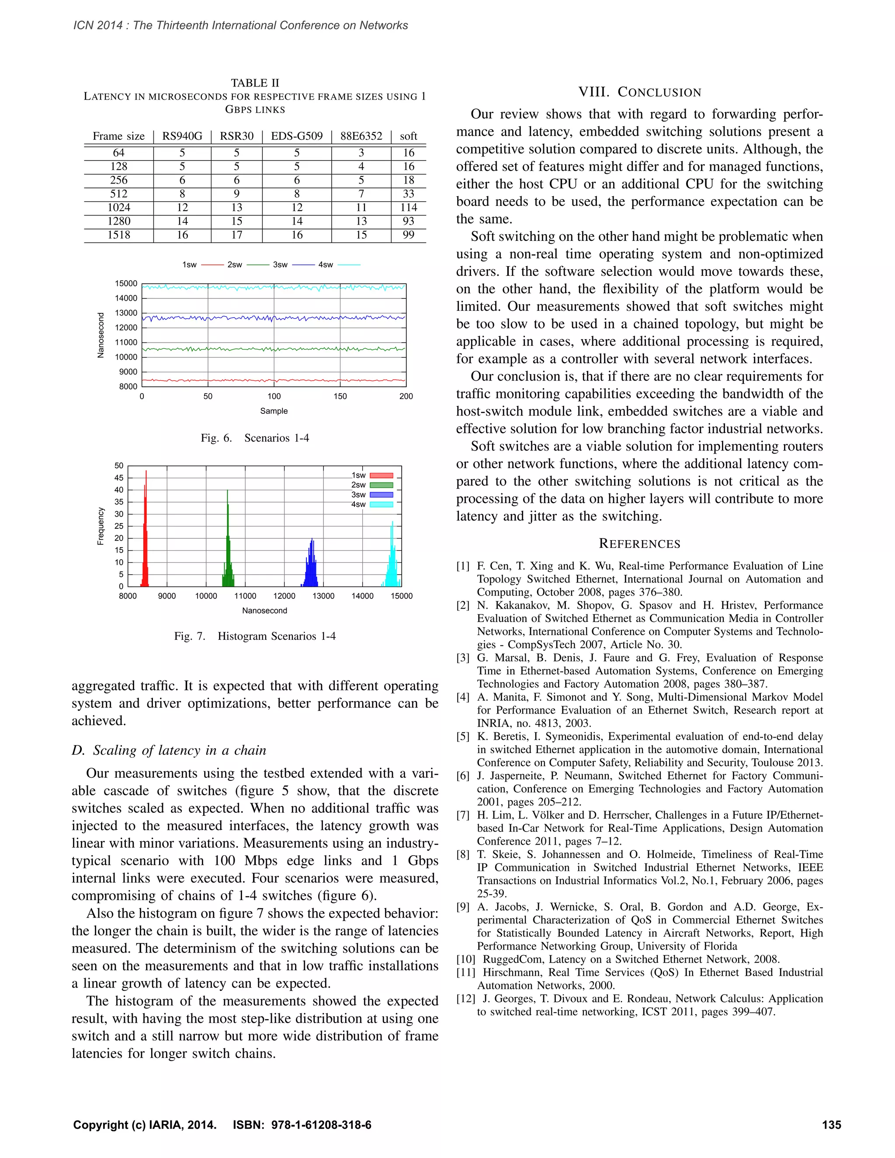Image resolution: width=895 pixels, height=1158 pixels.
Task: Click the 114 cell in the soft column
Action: (x=408, y=207)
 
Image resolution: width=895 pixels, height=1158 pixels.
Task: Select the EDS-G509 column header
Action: (x=296, y=136)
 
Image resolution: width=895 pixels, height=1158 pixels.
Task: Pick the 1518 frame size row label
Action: (x=119, y=235)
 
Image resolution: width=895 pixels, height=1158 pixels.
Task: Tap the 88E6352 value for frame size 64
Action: (x=361, y=153)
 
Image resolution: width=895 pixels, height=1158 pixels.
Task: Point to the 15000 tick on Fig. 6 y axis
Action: (x=126, y=284)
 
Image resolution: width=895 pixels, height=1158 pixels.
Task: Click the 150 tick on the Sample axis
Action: (x=340, y=396)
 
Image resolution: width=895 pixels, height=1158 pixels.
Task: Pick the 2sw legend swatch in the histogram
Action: (x=381, y=485)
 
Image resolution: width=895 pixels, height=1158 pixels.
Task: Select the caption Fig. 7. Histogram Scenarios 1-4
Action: (x=255, y=636)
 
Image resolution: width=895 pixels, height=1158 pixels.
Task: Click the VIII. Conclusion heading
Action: (x=639, y=92)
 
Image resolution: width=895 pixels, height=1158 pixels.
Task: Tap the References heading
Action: (x=639, y=544)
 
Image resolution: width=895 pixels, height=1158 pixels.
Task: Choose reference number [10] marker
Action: (x=465, y=959)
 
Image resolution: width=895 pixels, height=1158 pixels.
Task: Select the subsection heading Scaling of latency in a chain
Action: (x=169, y=750)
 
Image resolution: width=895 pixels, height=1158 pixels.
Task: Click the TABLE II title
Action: (x=255, y=83)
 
